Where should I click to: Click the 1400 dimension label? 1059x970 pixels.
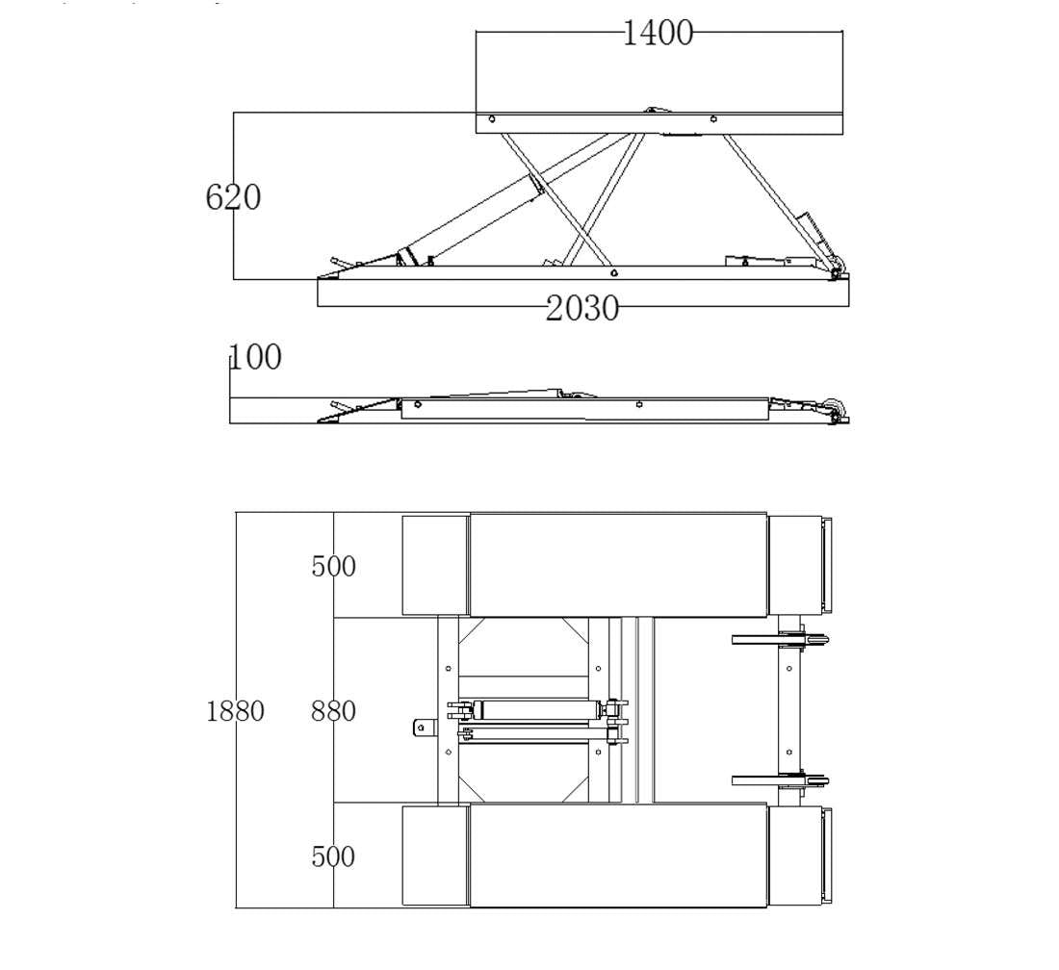coord(658,33)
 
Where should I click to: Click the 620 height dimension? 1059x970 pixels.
coord(233,197)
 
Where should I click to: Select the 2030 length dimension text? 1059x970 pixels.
coord(582,309)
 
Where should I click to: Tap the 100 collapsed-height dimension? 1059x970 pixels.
coord(255,357)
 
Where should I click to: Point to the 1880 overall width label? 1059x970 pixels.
coord(235,711)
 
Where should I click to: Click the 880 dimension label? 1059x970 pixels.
coord(333,711)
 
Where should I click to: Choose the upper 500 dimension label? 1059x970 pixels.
coord(333,566)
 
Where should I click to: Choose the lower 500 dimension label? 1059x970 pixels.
coord(333,856)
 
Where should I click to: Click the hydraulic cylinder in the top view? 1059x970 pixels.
coord(534,710)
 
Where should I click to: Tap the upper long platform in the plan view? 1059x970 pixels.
coord(618,565)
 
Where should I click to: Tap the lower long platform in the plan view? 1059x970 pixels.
coord(618,855)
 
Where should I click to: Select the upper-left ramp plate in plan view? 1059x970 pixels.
coord(434,565)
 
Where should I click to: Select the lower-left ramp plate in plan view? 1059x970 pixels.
coord(434,855)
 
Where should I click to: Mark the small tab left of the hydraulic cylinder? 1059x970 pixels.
coord(421,727)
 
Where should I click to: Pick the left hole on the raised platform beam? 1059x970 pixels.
coord(492,120)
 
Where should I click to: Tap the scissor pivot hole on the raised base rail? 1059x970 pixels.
coord(613,273)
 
